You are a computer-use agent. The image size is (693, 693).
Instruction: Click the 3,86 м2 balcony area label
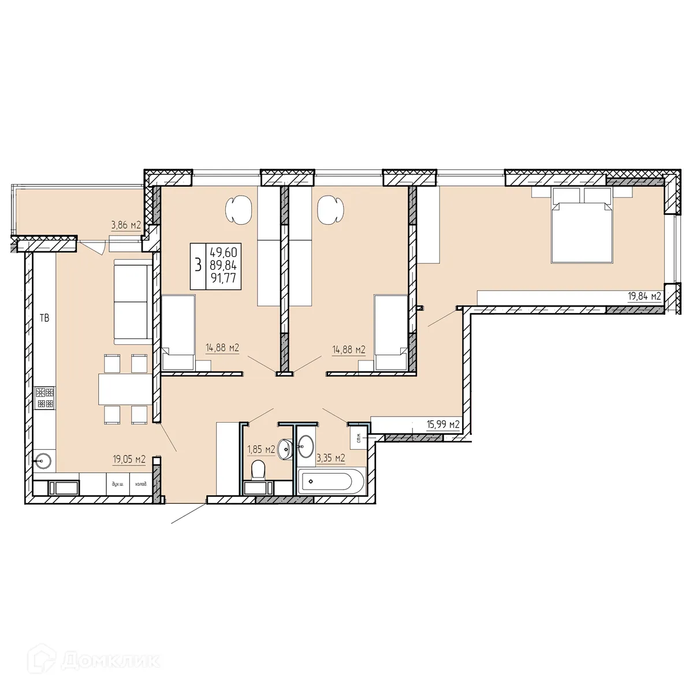[126, 226]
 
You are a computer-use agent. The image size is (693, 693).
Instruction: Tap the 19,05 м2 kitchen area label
[129, 460]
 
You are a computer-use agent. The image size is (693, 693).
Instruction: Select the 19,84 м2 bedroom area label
[644, 297]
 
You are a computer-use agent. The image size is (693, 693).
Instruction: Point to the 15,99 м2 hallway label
[443, 425]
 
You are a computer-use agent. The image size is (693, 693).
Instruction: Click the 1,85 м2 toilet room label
[261, 450]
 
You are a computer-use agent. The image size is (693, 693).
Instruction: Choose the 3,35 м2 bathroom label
[331, 459]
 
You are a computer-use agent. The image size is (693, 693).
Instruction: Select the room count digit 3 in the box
[198, 266]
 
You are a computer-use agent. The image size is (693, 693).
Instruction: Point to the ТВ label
[44, 317]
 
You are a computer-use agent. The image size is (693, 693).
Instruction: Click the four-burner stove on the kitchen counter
[44, 397]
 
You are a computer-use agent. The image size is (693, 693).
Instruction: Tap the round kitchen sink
[44, 460]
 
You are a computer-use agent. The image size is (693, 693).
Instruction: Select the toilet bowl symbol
[258, 470]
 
